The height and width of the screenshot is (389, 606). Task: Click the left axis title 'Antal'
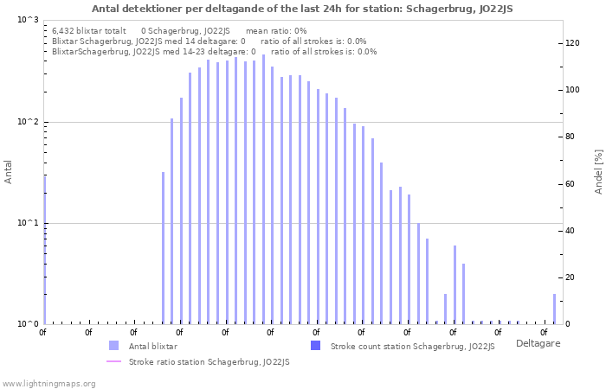9,172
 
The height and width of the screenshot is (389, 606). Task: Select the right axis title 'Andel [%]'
598,170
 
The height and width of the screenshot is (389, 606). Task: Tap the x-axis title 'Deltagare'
538,343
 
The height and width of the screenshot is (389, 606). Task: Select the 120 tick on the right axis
572,43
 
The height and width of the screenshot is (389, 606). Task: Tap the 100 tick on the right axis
572,90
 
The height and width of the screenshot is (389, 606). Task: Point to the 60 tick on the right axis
570,184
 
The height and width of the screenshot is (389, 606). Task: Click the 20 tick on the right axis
570,277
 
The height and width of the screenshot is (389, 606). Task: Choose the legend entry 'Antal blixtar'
152,346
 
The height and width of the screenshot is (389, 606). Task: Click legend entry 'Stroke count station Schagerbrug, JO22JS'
412,346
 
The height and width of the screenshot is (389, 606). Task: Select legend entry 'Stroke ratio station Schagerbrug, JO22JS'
209,361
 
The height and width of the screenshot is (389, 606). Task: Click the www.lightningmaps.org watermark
48,383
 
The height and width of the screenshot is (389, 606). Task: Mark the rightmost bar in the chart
555,309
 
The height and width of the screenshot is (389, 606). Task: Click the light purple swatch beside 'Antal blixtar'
113,346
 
